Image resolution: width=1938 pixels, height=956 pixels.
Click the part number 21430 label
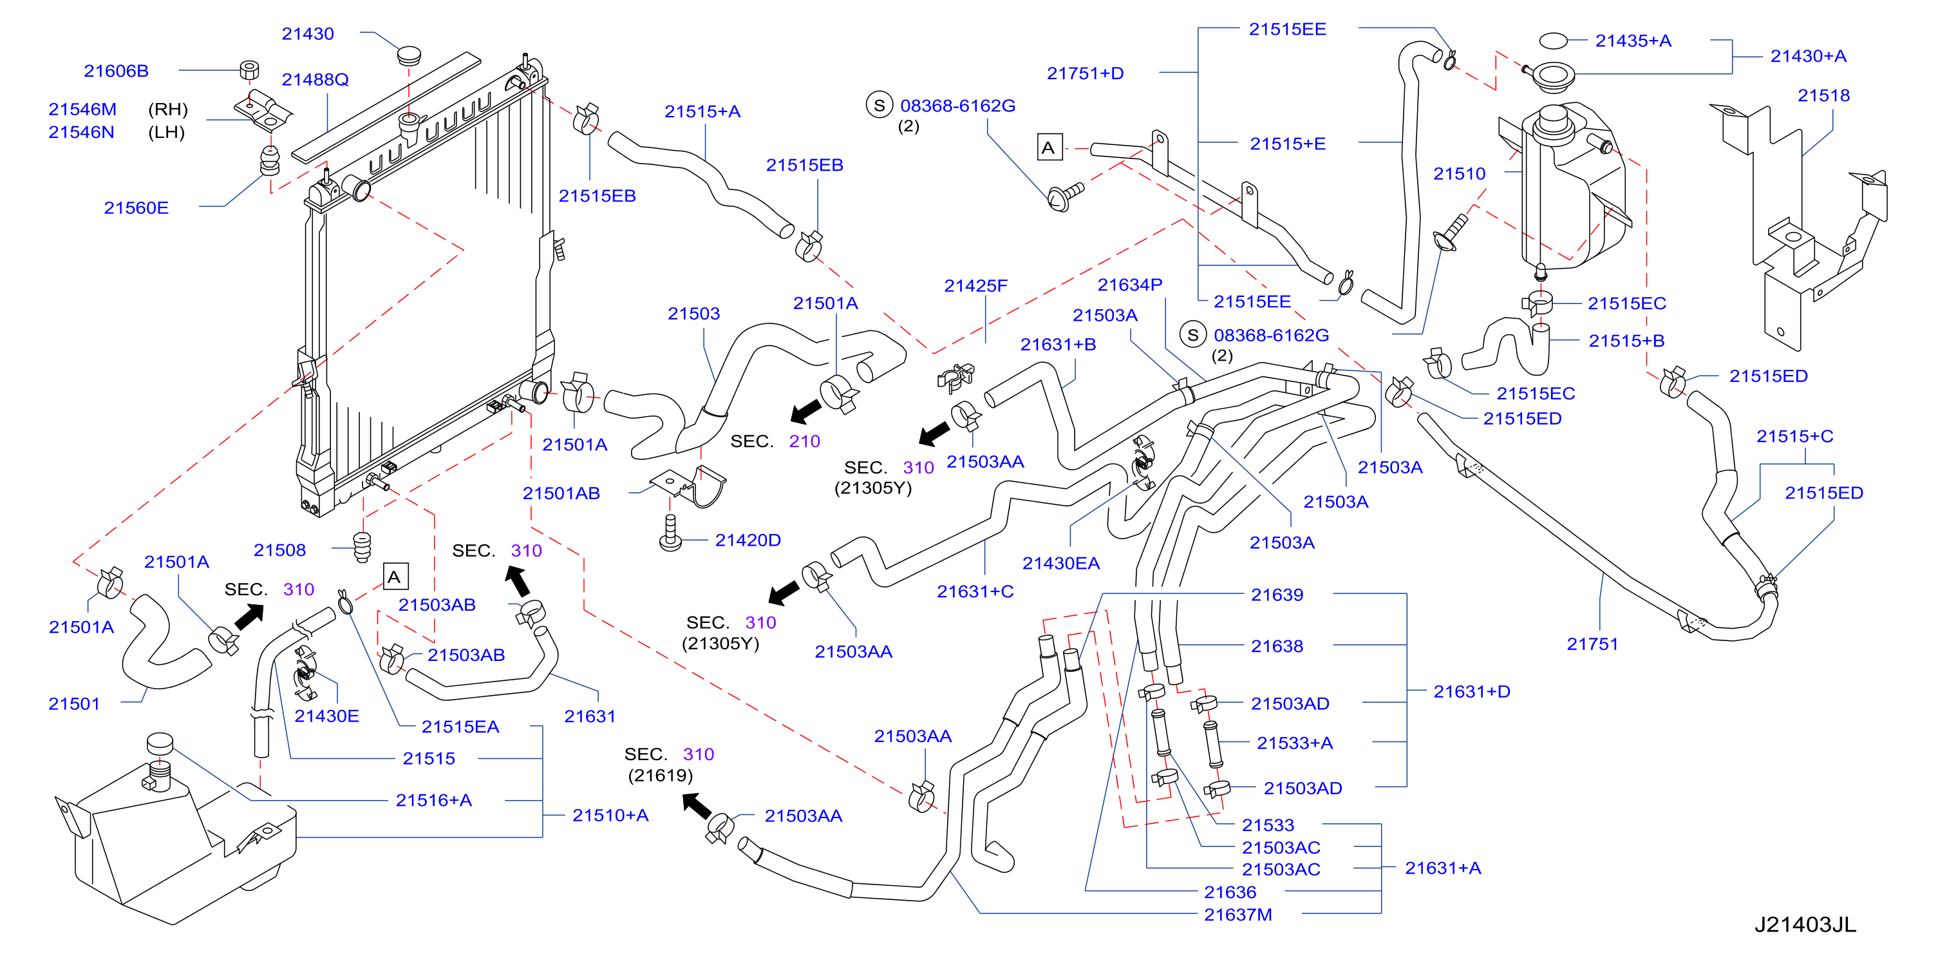tap(308, 34)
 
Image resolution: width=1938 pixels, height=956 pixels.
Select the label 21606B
tap(116, 71)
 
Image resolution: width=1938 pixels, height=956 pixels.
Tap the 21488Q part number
tap(315, 80)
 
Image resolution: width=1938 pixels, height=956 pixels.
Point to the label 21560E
tap(136, 208)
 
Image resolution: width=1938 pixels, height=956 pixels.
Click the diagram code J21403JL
tap(1805, 924)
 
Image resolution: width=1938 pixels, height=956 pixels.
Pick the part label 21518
tap(1823, 95)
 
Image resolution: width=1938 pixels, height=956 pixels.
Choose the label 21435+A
tap(1633, 41)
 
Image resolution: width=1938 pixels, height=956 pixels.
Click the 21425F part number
tap(976, 286)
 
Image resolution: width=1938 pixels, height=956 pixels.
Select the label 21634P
tap(1130, 285)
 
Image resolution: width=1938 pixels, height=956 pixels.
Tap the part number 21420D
tap(748, 540)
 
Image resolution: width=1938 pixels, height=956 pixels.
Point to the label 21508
tap(280, 550)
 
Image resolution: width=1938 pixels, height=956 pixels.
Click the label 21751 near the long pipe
tap(1592, 644)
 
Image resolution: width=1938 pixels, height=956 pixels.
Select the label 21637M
tap(1237, 915)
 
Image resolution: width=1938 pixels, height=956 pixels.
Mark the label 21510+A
tap(610, 815)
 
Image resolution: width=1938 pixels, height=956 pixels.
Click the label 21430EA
tap(1061, 563)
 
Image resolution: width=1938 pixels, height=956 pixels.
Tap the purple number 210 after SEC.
tap(804, 441)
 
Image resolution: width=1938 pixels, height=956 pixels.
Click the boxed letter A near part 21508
tap(395, 577)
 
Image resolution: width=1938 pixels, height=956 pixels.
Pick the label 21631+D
tap(1472, 692)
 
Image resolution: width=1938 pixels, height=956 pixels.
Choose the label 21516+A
tap(434, 800)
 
